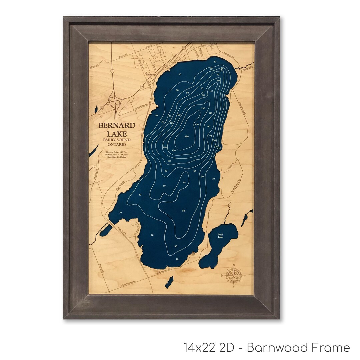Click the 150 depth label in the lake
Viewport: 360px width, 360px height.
[x=187, y=136]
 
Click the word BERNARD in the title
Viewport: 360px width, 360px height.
[x=117, y=125]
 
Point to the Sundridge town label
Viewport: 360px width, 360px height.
[x=150, y=75]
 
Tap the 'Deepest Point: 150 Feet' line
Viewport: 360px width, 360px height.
[x=117, y=152]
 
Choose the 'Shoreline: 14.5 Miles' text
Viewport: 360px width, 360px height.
[x=117, y=158]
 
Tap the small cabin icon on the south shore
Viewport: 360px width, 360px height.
[x=194, y=254]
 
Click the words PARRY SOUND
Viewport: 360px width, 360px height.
[x=117, y=140]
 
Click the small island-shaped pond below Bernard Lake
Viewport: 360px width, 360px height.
[x=169, y=282]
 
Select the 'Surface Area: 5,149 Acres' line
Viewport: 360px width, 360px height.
[x=117, y=155]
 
